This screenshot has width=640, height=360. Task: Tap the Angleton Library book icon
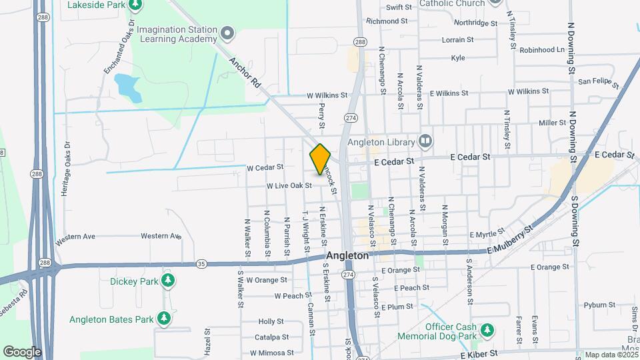click(x=425, y=141)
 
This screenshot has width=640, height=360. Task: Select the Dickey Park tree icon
click(x=169, y=280)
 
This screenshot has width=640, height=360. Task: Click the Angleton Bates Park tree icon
click(x=163, y=319)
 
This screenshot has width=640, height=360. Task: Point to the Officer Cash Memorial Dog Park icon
click(x=487, y=329)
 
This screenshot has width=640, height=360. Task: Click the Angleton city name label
click(x=347, y=255)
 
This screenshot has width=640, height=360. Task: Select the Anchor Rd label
click(x=245, y=72)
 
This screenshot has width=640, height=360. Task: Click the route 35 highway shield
click(x=201, y=264)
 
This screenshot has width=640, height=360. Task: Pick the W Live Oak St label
click(x=289, y=185)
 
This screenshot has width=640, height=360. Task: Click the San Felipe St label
click(x=598, y=83)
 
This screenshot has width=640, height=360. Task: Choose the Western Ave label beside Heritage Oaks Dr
click(x=76, y=236)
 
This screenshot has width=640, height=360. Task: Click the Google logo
click(x=22, y=351)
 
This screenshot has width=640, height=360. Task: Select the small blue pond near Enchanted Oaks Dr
click(x=127, y=87)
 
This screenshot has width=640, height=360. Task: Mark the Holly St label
click(x=271, y=321)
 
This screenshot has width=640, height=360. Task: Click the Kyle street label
click(x=458, y=58)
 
